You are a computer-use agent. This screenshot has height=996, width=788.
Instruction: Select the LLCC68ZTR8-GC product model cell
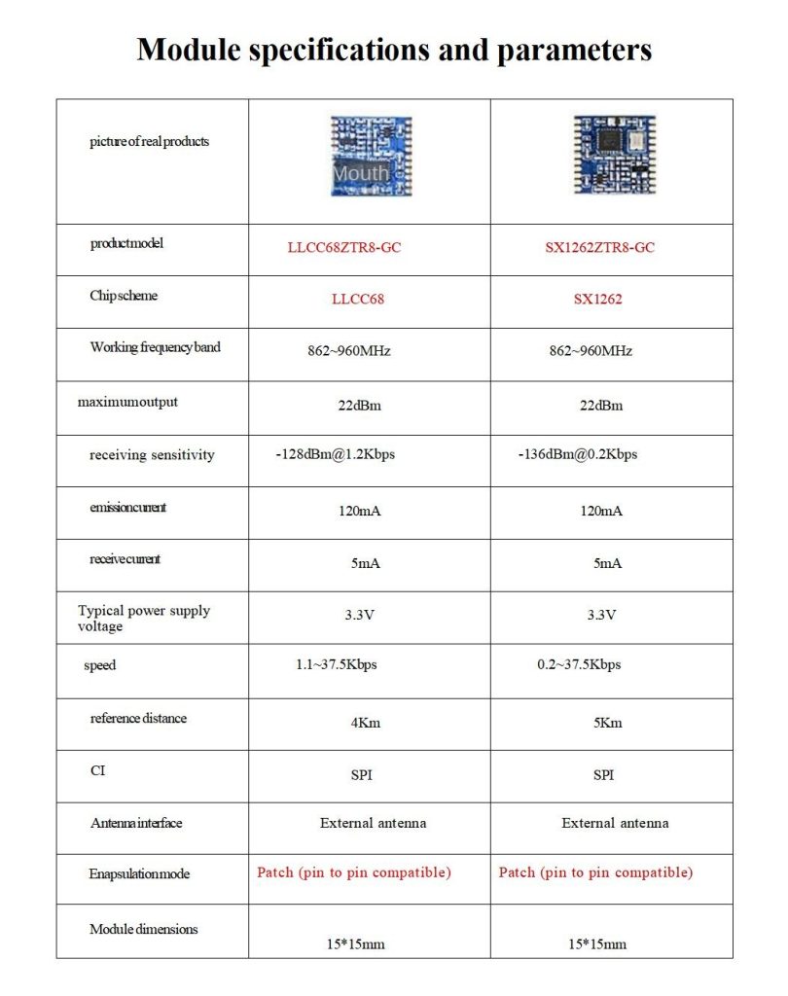[343, 247]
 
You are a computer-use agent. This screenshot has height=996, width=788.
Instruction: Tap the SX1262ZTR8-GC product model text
[599, 247]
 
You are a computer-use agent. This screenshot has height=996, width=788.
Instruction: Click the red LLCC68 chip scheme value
[357, 299]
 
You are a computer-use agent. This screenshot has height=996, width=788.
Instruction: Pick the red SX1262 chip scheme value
[597, 299]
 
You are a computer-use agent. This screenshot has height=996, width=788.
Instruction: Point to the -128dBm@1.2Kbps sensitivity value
[335, 454]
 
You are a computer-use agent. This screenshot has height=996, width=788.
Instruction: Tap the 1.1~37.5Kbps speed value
[336, 665]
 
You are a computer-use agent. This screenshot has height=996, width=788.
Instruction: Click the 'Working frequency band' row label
[155, 347]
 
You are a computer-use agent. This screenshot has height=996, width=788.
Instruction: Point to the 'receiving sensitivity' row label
[152, 455]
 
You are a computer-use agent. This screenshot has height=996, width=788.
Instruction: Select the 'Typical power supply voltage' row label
[143, 619]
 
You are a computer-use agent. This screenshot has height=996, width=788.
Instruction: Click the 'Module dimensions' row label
[143, 929]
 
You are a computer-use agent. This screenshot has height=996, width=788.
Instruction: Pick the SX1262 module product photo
[614, 155]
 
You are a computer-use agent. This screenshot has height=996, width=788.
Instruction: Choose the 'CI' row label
[97, 771]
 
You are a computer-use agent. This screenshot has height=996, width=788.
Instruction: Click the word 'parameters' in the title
[574, 49]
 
